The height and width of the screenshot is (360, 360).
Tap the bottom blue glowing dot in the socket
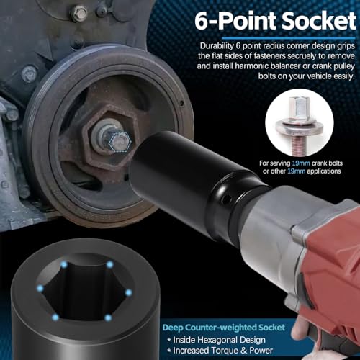pyautogui.click(x=106, y=318)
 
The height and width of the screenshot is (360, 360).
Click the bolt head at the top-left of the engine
pyautogui.click(x=80, y=12)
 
